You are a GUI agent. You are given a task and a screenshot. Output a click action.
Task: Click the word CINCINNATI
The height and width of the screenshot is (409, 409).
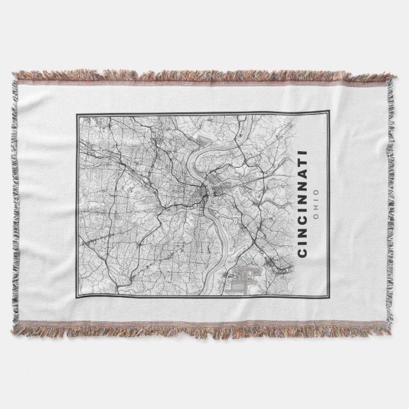[x=301, y=204]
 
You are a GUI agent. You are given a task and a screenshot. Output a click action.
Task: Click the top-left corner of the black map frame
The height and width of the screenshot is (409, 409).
[x=76, y=112]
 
